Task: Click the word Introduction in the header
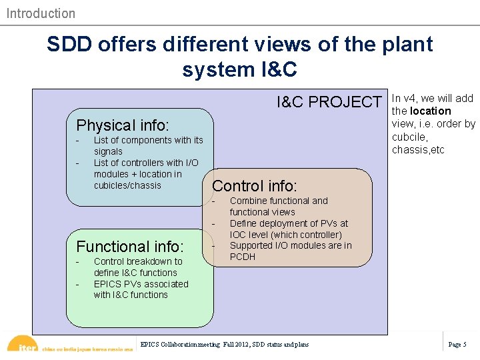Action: coord(41,13)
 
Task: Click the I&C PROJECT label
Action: coord(329,102)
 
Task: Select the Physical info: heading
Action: coord(123,125)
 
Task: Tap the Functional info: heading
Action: coord(130,247)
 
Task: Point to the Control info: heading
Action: coord(254,186)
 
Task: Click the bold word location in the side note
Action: coord(431,111)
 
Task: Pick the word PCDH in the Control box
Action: coord(243,257)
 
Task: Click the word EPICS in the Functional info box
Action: coord(108,284)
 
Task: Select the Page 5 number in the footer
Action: coord(457,345)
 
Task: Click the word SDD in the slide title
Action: coord(69,45)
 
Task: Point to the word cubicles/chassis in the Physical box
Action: coord(127,185)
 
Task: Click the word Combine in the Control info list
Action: coord(248,201)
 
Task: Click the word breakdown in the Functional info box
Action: coord(151,261)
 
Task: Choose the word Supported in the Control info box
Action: coord(253,245)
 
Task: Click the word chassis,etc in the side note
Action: coord(418,149)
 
